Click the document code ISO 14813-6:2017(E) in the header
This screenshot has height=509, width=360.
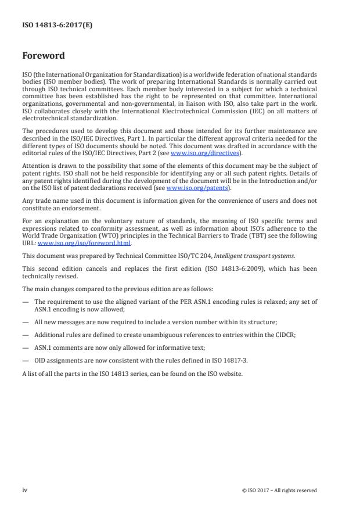pos(51,26)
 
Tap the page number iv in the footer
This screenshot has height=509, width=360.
pos(25,490)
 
